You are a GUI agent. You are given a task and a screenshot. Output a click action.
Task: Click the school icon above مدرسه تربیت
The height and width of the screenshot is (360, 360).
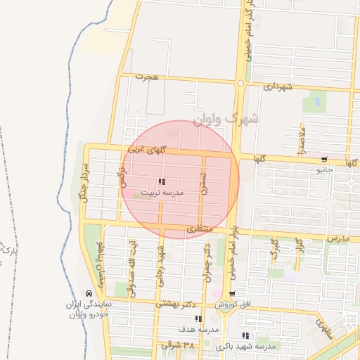point(162,182)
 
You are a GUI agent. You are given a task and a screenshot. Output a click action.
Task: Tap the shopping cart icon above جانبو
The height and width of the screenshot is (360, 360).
point(324,160)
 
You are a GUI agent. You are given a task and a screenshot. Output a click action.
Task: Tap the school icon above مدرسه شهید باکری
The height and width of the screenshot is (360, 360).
point(245,335)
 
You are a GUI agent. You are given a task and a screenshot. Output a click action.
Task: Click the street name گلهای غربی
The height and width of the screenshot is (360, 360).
point(148,151)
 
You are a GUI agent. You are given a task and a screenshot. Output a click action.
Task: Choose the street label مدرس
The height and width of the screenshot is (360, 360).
point(337,240)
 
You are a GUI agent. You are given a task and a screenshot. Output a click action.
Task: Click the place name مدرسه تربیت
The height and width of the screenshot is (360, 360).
point(162,192)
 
